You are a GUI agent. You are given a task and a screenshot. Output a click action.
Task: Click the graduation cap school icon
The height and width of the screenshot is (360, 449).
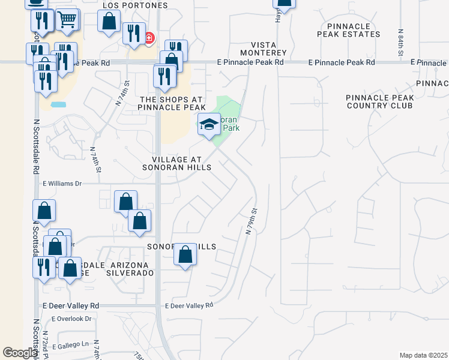pos(209,125)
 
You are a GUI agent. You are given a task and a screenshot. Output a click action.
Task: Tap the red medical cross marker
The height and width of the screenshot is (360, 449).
pos(148,39)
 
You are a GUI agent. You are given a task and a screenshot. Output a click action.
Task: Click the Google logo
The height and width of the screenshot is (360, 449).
pos(20,353)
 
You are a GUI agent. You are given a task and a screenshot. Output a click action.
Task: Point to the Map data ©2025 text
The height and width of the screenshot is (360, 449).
pos(423,355)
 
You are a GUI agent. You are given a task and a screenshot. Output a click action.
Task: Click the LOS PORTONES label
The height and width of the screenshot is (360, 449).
pos(135,5)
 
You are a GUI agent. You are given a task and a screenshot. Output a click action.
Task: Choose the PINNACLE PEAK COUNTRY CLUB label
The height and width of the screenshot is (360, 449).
pos(379,101)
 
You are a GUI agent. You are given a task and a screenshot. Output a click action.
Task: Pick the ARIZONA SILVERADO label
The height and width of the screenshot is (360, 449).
pos(130,269)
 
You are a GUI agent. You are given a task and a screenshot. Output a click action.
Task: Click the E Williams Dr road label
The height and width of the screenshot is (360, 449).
pos(62,184)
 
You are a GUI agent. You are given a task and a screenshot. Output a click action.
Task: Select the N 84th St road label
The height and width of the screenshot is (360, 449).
pos(400,43)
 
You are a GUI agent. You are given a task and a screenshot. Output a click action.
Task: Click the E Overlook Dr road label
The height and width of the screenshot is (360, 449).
pos(72,319)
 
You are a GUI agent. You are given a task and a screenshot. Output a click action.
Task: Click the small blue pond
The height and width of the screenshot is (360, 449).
pos(59,104)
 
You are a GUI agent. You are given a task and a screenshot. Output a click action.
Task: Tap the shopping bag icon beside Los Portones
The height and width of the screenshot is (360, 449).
pos(109,22)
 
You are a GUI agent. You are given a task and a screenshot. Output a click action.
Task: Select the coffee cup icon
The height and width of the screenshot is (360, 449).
pos(37,2)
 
